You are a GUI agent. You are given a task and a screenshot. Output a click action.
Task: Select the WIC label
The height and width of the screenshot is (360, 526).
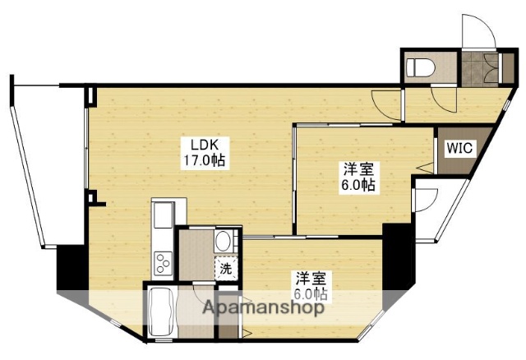coord(459,149)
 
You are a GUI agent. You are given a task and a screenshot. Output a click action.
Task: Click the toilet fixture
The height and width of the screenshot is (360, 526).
coord(422,67)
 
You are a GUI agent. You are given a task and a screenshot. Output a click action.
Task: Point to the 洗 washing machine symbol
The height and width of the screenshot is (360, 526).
coord(224,268)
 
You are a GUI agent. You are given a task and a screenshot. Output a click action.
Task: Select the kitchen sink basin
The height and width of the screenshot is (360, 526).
coord(162,216)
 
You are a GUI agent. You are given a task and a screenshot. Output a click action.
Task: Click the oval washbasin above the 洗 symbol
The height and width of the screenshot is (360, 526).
coord(223,242)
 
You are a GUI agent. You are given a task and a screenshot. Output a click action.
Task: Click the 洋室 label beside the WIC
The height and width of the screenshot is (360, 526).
coord(359,170)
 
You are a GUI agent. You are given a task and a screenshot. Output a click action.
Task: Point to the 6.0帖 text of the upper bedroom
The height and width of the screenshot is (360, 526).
coord(359,186)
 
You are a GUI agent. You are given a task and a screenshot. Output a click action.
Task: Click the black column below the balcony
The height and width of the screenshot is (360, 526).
coord(67,268)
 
